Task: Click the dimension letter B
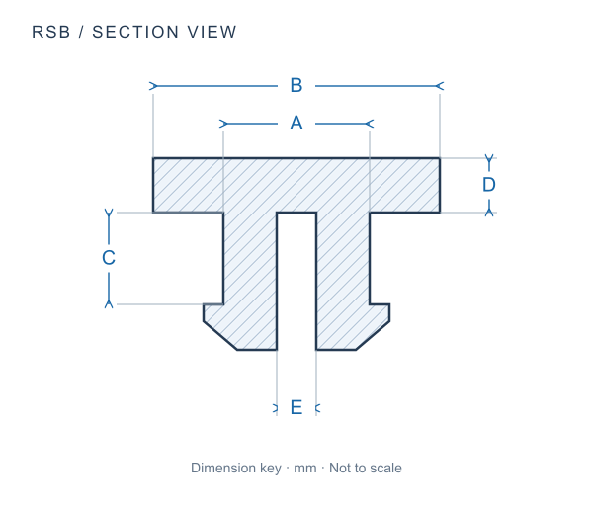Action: (296, 85)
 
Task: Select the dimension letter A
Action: (296, 123)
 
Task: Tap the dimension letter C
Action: (109, 258)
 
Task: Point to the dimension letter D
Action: (489, 185)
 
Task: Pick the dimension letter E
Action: (296, 407)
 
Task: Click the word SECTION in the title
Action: (135, 32)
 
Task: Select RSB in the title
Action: (51, 32)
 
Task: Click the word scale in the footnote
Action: (385, 468)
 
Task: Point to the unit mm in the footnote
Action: (305, 469)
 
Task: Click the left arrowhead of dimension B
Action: (153, 86)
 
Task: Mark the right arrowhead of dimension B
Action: (440, 86)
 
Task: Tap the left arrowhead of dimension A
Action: (223, 124)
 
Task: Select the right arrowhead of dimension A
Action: (370, 124)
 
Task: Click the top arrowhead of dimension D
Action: (489, 158)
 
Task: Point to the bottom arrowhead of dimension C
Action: (109, 304)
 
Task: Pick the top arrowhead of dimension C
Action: (109, 213)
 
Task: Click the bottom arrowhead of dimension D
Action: (489, 213)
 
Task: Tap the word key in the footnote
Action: (271, 469)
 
